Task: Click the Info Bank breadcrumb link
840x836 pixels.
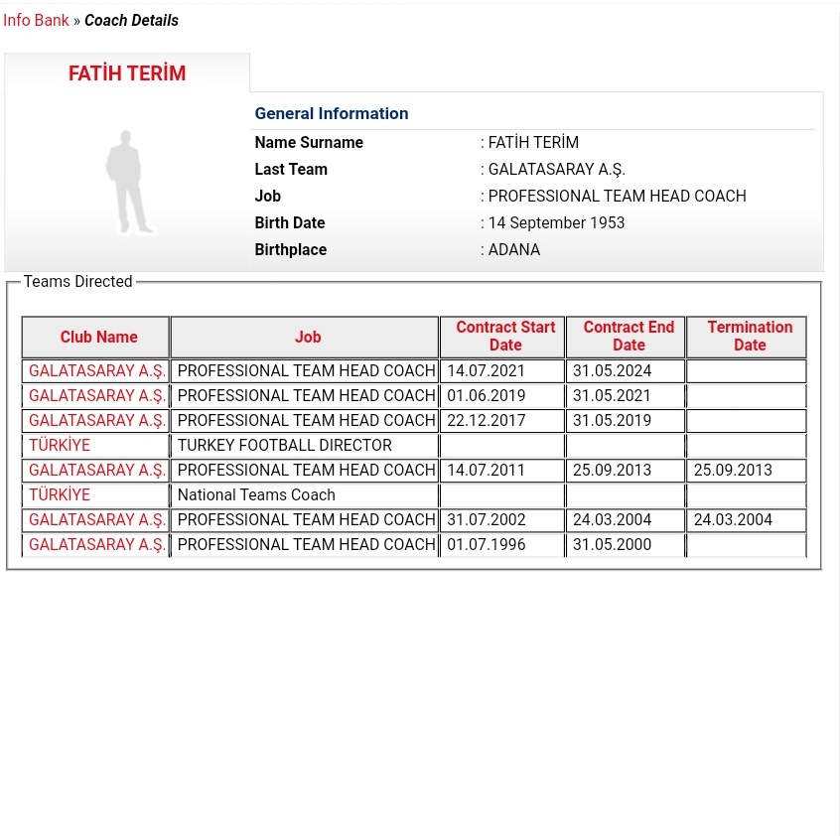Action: [36, 20]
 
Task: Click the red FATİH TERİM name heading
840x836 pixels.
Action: [127, 73]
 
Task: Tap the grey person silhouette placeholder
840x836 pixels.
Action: [128, 183]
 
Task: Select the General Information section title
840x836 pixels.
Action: [332, 113]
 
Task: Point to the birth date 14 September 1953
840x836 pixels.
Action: [556, 222]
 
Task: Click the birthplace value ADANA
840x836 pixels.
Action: [514, 249]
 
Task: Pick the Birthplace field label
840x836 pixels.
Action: [291, 249]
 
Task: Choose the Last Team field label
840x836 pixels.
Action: [291, 169]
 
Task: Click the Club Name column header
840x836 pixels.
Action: [98, 337]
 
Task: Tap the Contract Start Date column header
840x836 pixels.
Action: [504, 336]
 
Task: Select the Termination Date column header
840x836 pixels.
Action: [749, 336]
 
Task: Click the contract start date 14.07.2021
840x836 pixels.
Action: [486, 370]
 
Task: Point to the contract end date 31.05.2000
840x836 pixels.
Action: [612, 544]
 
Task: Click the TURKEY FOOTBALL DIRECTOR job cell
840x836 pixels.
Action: [284, 445]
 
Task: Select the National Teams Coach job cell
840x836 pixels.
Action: [256, 494]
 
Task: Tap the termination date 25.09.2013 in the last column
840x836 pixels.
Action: [732, 470]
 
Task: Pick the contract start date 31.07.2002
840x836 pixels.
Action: [486, 519]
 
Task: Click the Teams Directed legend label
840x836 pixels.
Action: [77, 281]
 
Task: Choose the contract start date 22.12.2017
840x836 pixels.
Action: [486, 420]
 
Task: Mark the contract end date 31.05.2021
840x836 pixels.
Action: [612, 395]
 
